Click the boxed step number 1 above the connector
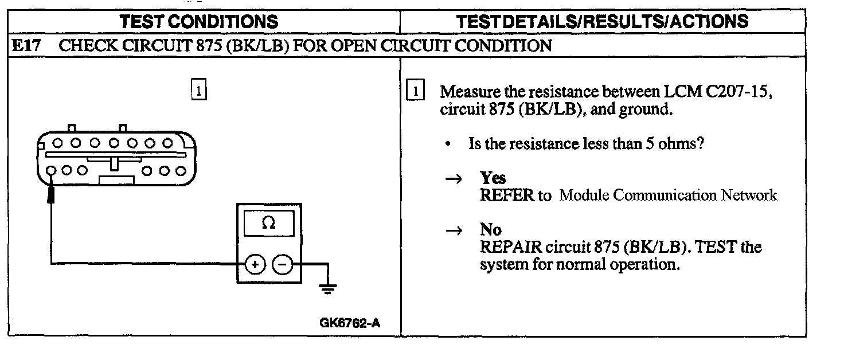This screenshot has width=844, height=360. pos(198,91)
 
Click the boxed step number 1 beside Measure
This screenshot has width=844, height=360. pos(415,91)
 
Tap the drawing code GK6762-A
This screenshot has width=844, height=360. pos(350,322)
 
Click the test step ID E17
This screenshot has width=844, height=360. pos(26,45)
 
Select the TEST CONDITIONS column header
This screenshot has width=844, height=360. pos(199,22)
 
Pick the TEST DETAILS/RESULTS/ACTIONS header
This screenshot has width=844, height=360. pos(602,22)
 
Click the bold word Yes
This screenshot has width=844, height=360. pos(493,178)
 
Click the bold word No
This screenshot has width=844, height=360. pos(491,230)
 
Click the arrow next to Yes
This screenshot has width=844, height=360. pos(454,179)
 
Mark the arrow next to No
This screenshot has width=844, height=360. pos(454,230)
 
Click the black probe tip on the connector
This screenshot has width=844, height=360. pos(52,195)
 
